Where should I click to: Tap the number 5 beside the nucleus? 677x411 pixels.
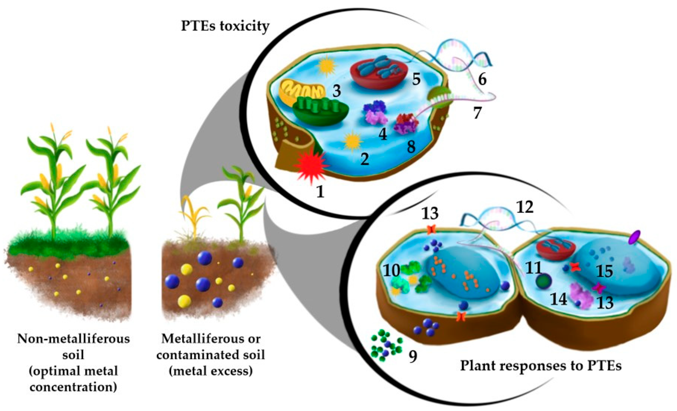click(416, 79)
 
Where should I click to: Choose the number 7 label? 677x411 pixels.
click(477, 113)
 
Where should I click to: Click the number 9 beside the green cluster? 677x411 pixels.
click(413, 357)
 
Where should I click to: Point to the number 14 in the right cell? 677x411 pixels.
click(559, 299)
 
